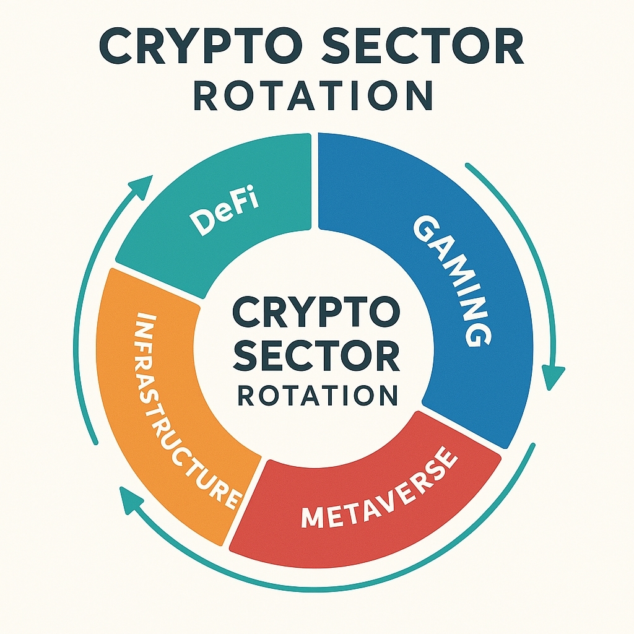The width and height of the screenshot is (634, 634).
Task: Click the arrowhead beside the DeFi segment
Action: point(142,185)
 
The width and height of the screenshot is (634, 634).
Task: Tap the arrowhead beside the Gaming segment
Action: point(553,377)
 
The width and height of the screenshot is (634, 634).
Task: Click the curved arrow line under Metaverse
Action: point(371,585)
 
